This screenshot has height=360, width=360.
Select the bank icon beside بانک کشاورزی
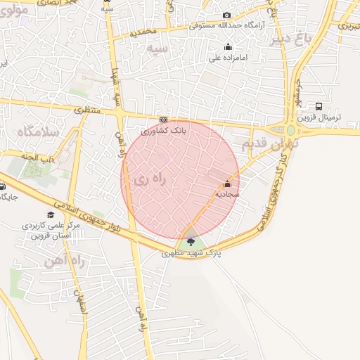click(163, 120)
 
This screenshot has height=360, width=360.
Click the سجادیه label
click(228, 193)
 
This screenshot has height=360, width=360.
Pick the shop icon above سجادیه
click(226, 184)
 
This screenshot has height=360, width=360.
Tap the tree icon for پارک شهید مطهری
click(191, 243)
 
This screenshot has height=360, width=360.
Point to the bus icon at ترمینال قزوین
click(319, 108)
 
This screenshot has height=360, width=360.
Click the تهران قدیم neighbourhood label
click(271, 144)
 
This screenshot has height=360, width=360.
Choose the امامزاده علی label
click(226, 58)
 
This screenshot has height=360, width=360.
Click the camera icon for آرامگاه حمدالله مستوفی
click(226, 15)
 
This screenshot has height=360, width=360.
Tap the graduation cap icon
click(50, 214)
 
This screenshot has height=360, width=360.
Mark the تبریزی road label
click(349, 26)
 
